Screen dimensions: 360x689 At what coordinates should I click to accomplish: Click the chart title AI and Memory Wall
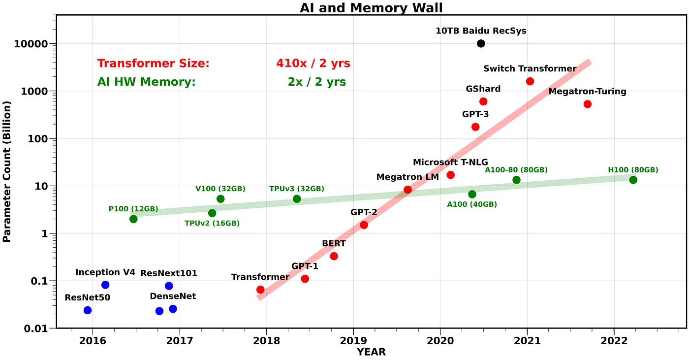[371, 7]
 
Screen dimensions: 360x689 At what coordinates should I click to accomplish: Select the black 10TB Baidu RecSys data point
[481, 43]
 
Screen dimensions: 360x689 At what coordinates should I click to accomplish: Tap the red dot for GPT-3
[475, 127]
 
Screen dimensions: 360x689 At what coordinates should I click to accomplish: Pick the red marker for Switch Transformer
[530, 81]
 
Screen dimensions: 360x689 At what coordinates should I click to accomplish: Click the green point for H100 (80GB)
[633, 180]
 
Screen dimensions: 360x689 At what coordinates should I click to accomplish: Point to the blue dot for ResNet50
[88, 310]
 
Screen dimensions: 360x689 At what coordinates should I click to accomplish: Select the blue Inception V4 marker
[105, 285]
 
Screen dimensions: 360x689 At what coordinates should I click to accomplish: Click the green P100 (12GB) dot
[133, 219]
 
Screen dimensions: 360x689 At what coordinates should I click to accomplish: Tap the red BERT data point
[334, 256]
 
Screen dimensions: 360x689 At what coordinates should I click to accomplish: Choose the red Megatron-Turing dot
[587, 104]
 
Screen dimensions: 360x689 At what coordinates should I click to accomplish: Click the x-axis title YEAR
[371, 353]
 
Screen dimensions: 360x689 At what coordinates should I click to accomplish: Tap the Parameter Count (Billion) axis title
[7, 171]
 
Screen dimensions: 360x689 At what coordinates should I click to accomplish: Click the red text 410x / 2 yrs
[313, 64]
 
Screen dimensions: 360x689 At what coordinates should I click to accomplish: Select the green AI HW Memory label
[146, 82]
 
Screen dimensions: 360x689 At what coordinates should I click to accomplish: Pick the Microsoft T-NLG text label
[450, 163]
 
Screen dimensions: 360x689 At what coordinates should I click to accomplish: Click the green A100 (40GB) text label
[472, 204]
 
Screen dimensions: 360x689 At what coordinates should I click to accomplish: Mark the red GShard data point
[483, 101]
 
